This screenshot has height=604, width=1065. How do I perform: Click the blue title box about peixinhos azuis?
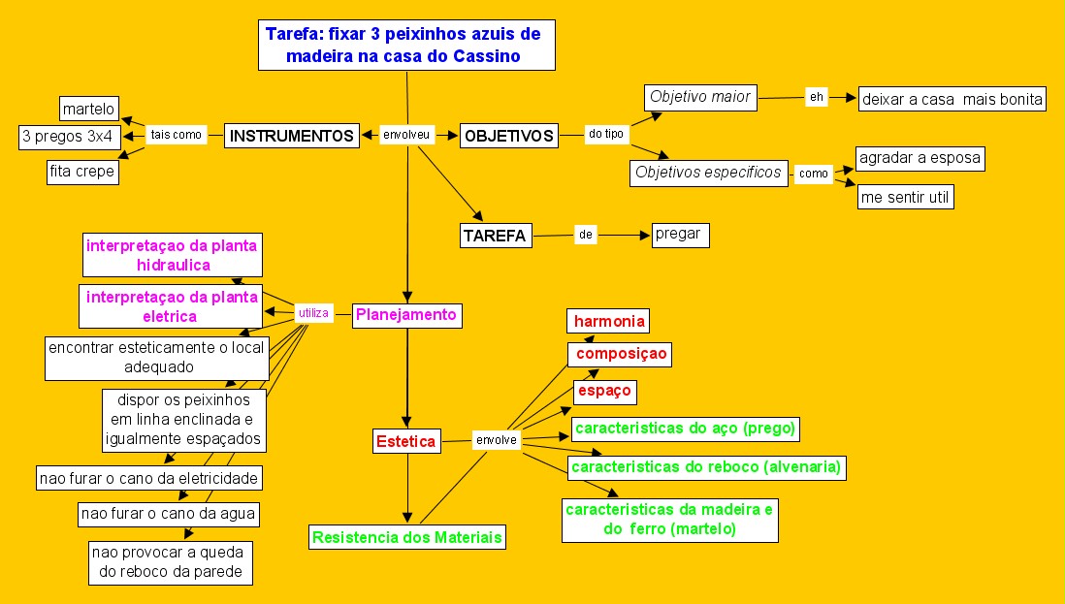click(406, 46)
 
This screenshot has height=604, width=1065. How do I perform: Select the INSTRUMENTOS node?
click(292, 136)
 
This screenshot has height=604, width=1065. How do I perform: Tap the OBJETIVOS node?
click(509, 136)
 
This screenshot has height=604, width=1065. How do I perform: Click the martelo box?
click(89, 108)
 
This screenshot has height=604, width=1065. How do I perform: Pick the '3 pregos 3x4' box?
click(67, 138)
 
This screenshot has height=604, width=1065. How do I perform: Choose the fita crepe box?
click(82, 172)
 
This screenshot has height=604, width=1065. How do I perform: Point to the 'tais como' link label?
click(177, 136)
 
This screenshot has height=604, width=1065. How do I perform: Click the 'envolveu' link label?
click(407, 136)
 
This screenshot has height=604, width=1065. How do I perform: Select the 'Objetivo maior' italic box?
click(700, 97)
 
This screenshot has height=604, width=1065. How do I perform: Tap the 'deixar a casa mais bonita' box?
click(952, 99)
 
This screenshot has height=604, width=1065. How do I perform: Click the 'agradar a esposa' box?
click(920, 158)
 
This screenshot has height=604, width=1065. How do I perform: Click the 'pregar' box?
click(679, 235)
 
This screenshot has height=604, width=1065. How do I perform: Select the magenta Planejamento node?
click(405, 315)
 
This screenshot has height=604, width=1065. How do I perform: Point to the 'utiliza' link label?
click(314, 312)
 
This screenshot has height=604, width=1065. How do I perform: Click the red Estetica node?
click(406, 442)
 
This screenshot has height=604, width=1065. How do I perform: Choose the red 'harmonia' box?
click(608, 321)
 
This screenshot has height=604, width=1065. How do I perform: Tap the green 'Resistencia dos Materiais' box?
click(408, 537)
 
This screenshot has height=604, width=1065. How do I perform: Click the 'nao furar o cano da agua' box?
click(169, 513)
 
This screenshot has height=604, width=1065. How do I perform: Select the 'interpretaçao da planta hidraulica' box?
click(172, 254)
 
